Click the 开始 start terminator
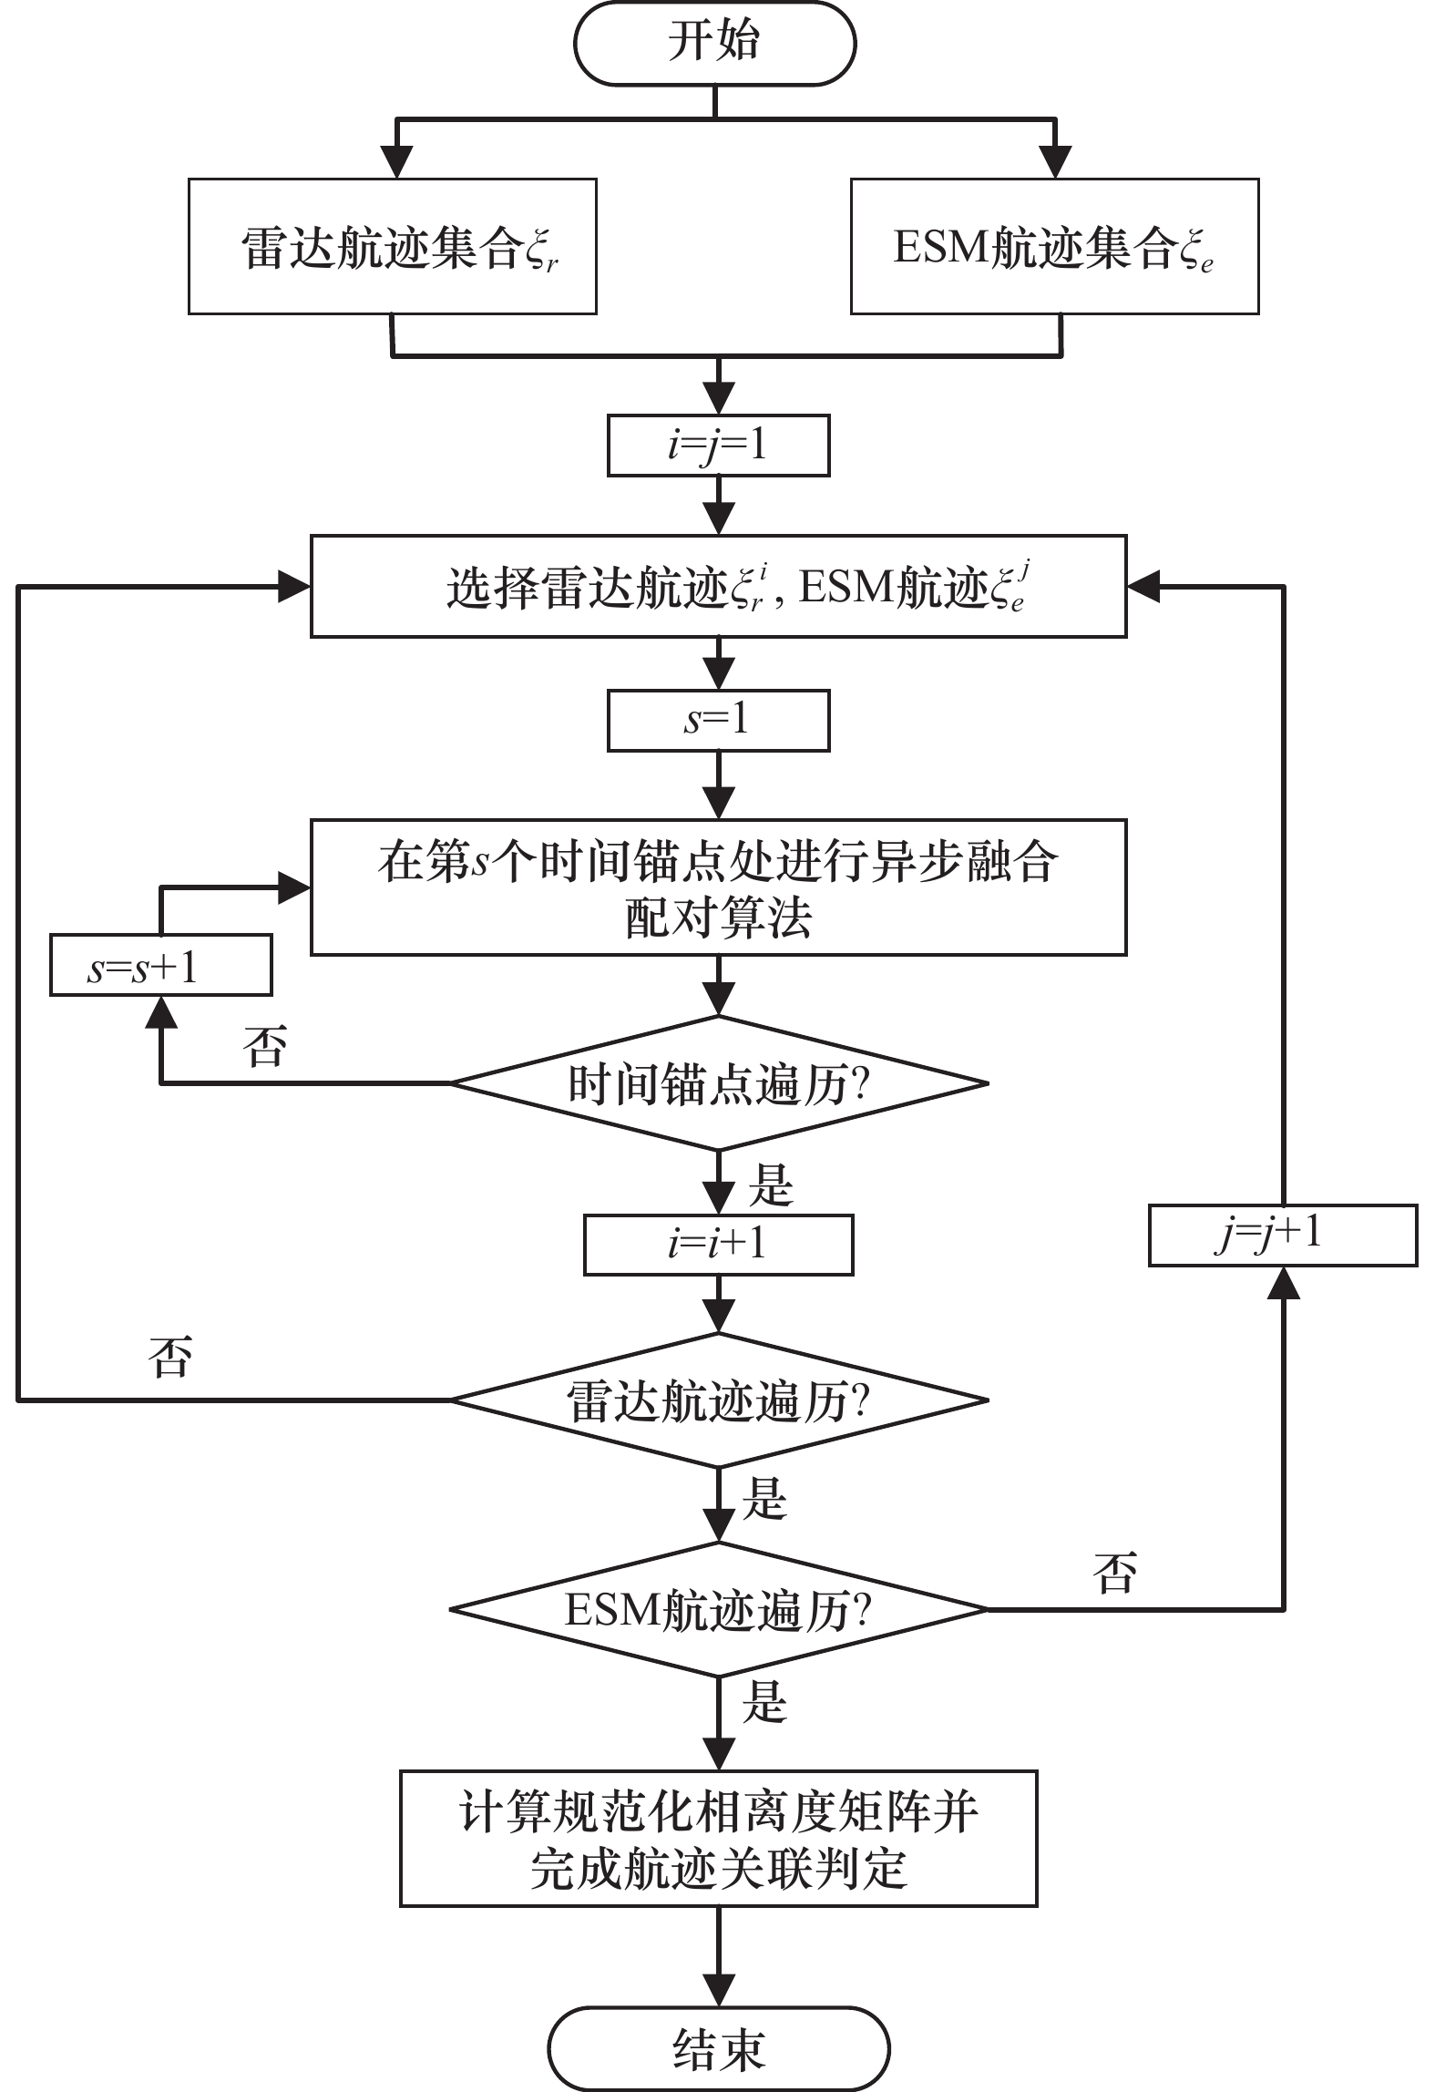tap(714, 43)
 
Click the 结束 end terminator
tap(718, 2048)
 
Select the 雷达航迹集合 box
tap(392, 247)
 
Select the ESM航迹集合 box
tap(1054, 247)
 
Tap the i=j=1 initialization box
tap(718, 446)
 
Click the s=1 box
tap(718, 721)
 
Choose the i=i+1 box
tap(718, 1245)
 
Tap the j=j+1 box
tap(1282, 1236)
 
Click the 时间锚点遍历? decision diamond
tap(718, 1084)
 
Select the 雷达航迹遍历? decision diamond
tap(718, 1400)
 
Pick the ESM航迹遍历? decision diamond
tap(718, 1610)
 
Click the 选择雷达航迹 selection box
tap(718, 587)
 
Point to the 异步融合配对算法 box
tap(718, 887)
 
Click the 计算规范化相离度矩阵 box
tap(718, 1838)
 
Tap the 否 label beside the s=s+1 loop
tap(264, 1046)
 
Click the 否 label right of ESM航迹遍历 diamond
tap(1114, 1574)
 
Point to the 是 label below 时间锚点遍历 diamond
tap(770, 1185)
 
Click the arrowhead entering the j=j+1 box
tap(1283, 1283)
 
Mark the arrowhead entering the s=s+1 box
tap(161, 1011)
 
